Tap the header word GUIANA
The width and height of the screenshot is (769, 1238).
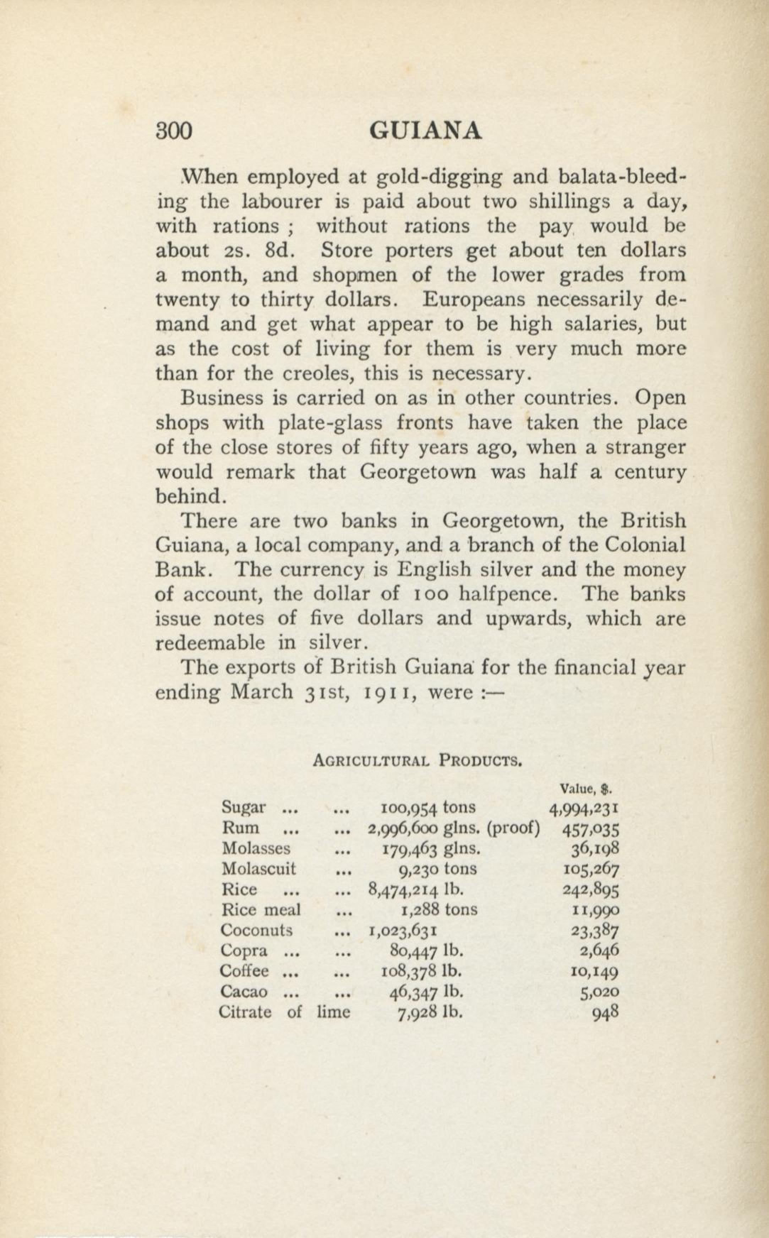click(x=425, y=131)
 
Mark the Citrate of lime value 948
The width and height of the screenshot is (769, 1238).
click(x=606, y=1012)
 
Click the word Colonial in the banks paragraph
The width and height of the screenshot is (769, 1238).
click(x=644, y=545)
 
